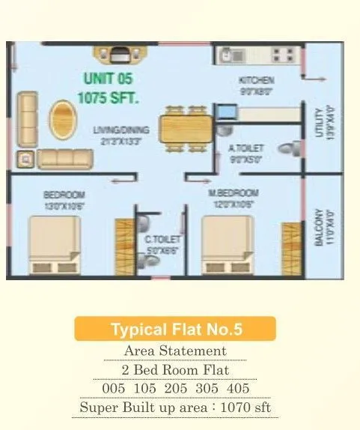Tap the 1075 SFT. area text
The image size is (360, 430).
coord(109,97)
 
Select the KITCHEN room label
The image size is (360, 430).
coord(256,80)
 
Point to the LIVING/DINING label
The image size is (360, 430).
coord(121,130)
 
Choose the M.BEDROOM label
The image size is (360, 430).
coord(233,193)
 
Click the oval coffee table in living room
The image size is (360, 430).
coord(62,120)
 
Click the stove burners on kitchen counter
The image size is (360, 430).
coord(284,54)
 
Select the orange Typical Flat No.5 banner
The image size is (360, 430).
coord(175,329)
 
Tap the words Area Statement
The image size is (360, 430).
coord(175,351)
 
